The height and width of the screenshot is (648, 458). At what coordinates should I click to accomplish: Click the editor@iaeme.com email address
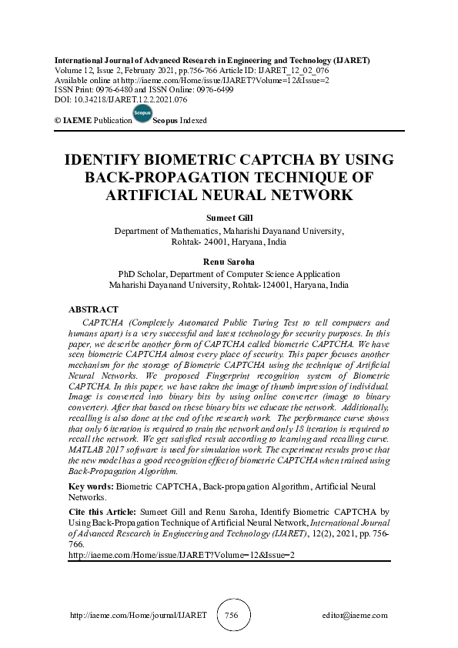coord(356,616)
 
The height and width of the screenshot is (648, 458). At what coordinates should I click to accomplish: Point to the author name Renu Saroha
coord(229,262)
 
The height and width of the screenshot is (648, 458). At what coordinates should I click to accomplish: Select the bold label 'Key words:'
coord(92,487)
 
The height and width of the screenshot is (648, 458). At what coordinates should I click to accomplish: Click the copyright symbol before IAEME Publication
coord(58,121)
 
